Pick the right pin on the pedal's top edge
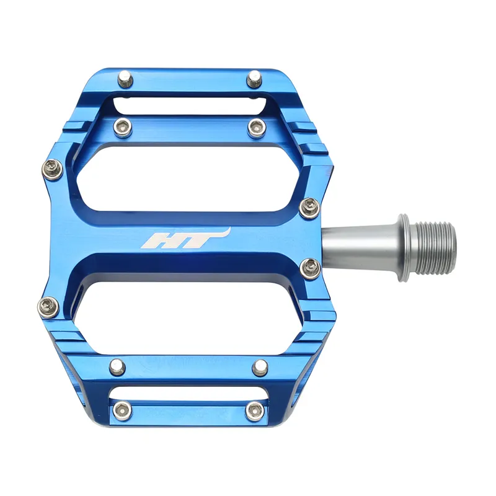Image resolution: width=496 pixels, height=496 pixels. pyautogui.click(x=253, y=79)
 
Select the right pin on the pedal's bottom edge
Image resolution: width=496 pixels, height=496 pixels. pyautogui.click(x=254, y=410)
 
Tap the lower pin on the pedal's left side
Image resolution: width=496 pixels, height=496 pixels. pyautogui.click(x=47, y=305)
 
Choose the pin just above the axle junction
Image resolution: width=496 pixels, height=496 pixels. pyautogui.click(x=309, y=207)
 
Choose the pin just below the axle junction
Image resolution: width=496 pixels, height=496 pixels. pyautogui.click(x=309, y=267)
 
